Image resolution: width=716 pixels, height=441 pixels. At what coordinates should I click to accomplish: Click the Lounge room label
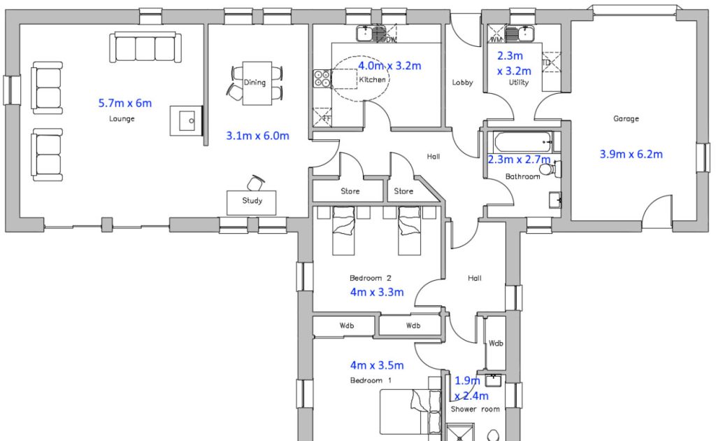coord(122,118)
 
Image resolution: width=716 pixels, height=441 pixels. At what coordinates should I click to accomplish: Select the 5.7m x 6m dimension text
coord(125,103)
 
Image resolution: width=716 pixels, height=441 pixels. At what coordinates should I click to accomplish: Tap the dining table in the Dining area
coord(257,83)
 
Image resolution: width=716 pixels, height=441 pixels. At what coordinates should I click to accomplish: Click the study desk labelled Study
coord(252,202)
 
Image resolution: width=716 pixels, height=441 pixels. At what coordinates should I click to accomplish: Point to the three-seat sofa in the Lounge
coord(145,48)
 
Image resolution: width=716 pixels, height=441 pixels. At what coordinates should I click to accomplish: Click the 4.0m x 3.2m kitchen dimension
coord(389,66)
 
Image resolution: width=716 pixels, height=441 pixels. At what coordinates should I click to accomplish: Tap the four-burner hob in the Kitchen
coord(322,78)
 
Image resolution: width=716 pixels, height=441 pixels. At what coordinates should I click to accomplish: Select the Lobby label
coord(462,83)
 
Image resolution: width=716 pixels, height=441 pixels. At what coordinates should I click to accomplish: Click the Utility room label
coord(518,83)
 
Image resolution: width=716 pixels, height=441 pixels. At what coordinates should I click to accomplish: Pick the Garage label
coord(626,118)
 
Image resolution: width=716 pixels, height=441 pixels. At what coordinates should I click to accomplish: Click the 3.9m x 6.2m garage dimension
coord(631,154)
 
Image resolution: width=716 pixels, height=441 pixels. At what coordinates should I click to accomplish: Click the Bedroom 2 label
coord(371,278)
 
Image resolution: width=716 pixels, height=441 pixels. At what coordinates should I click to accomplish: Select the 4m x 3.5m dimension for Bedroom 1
coord(377,365)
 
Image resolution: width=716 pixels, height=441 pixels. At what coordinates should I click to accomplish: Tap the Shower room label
coord(475,409)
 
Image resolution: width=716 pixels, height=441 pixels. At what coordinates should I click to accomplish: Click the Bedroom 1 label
coord(371,380)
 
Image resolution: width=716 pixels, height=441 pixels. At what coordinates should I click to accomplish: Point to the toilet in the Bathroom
coord(548,169)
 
